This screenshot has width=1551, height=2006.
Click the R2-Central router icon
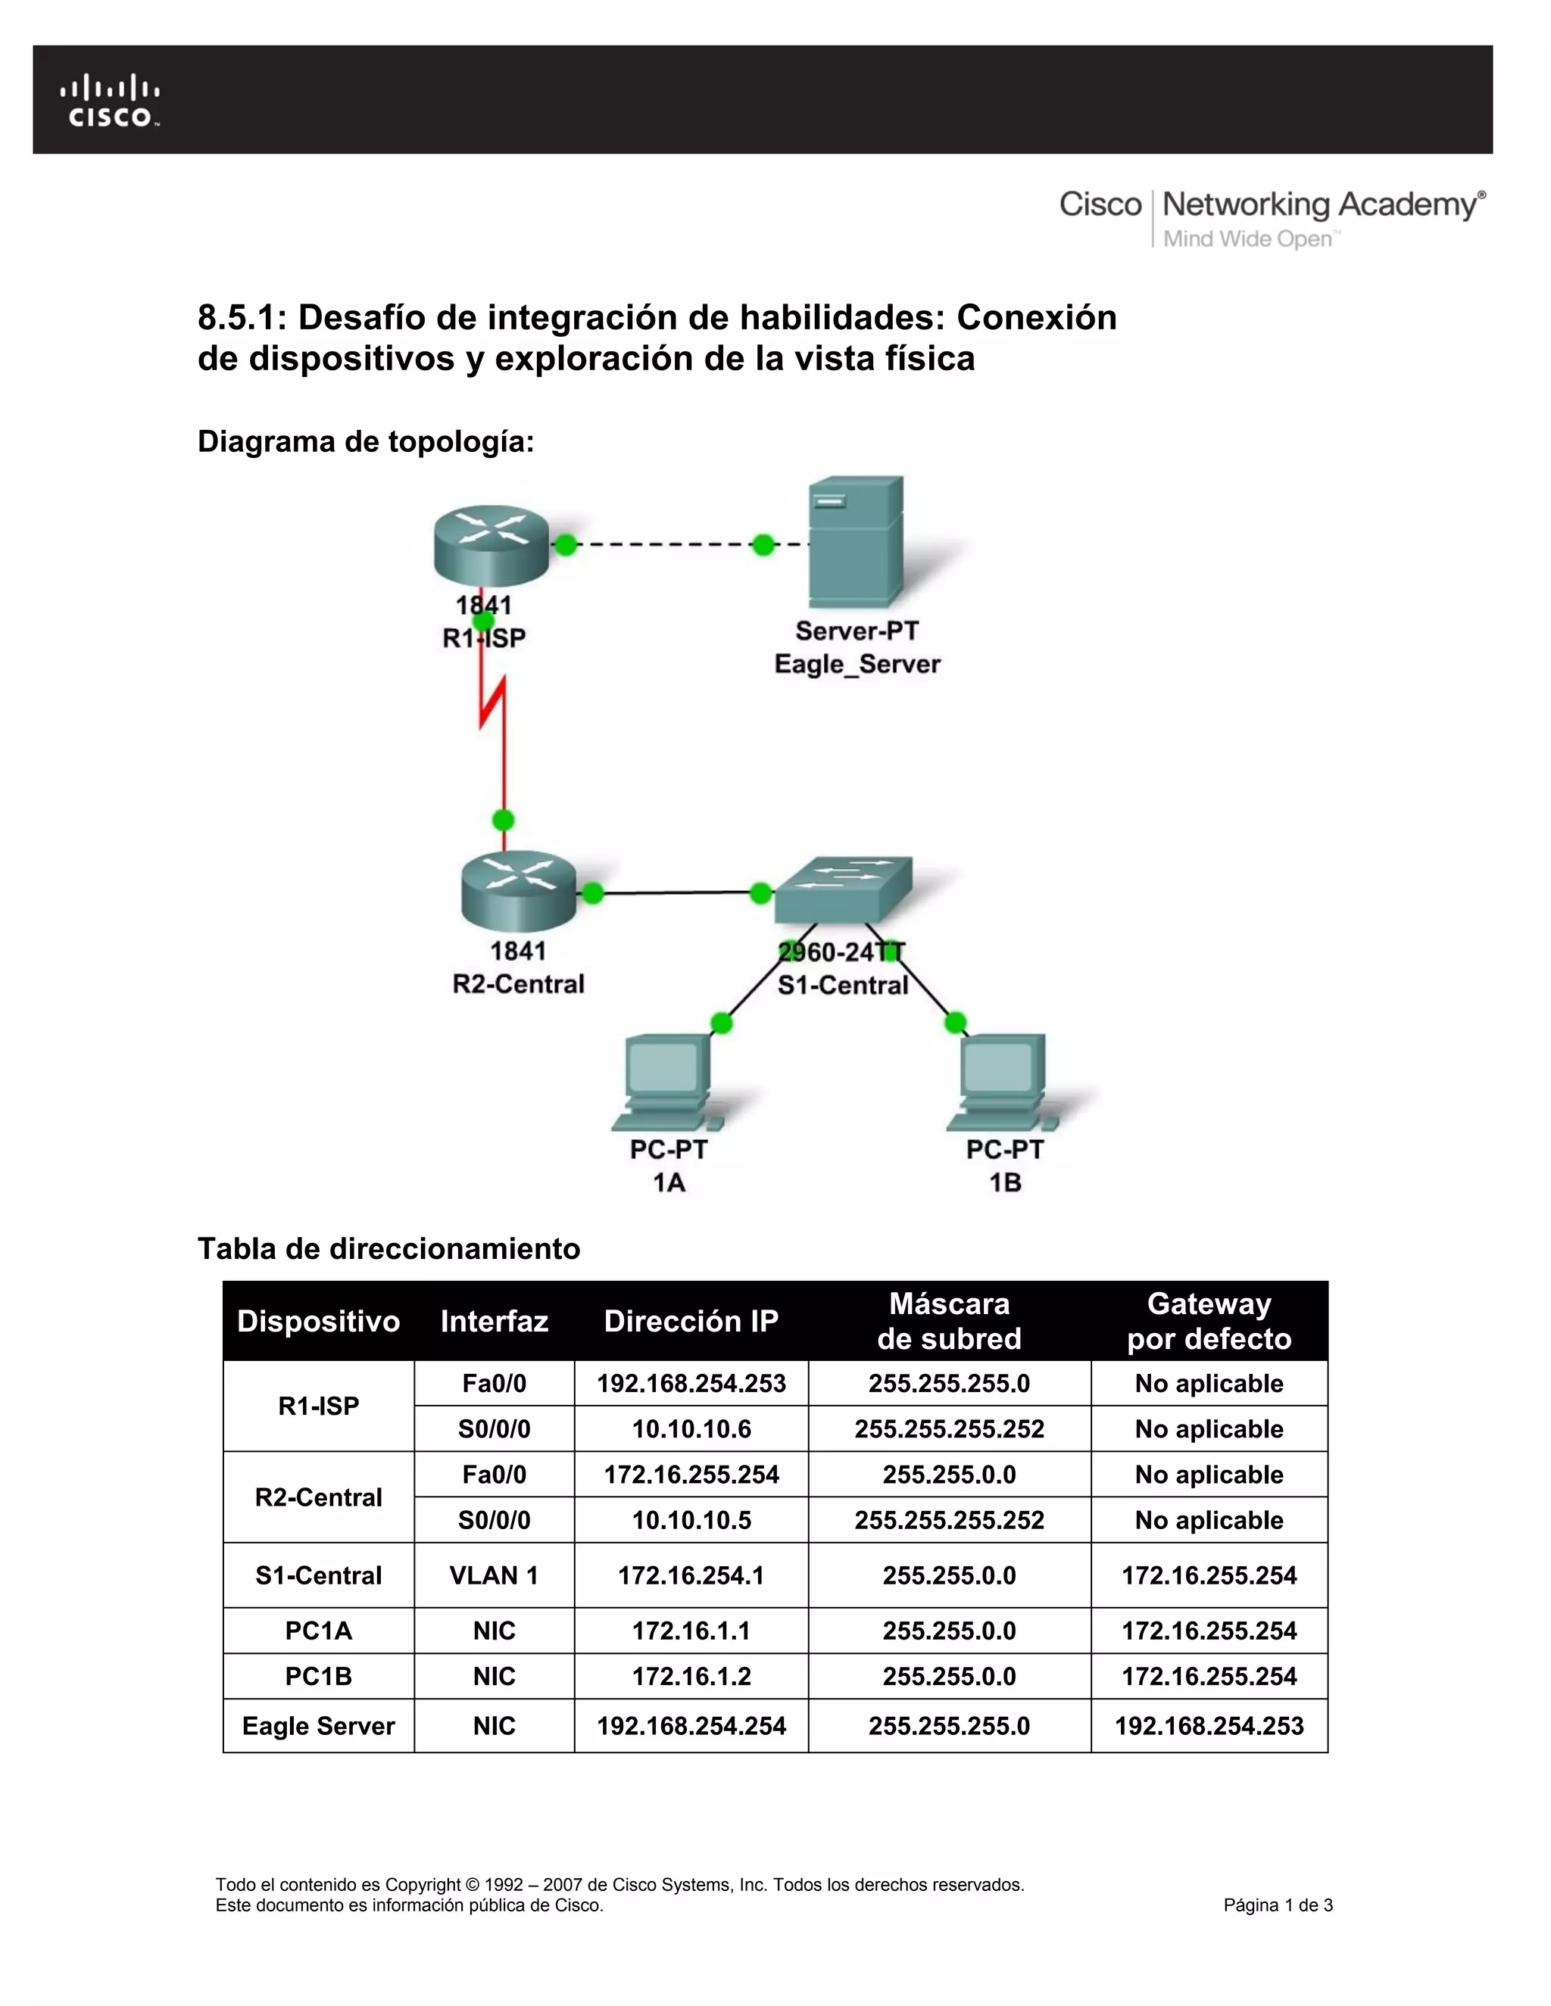point(518,891)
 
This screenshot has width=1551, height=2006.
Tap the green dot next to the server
point(763,545)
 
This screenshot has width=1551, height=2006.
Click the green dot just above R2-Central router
point(504,819)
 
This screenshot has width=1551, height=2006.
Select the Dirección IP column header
point(691,1321)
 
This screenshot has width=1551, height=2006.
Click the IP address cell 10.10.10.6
point(691,1429)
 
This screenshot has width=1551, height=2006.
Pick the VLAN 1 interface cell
point(494,1575)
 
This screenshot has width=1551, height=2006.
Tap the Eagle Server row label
point(318,1726)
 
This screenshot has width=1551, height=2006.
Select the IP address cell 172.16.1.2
point(691,1676)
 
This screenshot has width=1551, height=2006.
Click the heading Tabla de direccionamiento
point(389,1248)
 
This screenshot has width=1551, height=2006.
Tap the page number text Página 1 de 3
point(1277,1905)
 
